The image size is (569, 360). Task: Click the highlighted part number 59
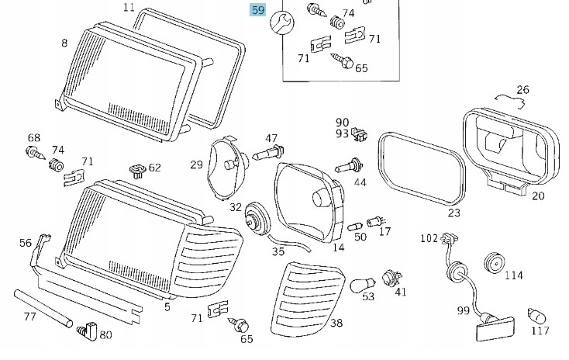[256, 11]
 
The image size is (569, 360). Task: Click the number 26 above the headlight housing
[522, 90]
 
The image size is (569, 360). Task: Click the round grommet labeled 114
[492, 263]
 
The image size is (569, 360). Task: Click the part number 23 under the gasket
[453, 212]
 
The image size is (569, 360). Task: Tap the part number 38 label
[336, 324]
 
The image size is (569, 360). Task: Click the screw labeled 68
[33, 152]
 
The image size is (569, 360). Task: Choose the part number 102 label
[429, 237]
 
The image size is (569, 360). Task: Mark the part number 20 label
[537, 196]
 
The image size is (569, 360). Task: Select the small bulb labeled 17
[377, 220]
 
